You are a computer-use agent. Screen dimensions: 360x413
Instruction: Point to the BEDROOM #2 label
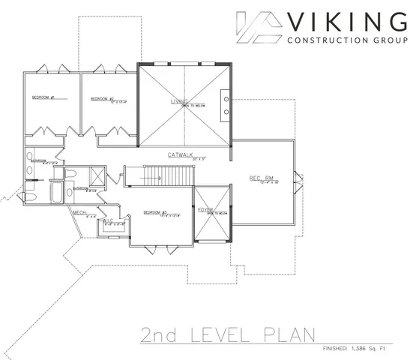tap(102, 98)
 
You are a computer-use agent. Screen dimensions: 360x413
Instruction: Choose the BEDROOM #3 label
tap(154, 212)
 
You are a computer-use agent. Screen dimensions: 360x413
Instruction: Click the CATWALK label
tap(182, 154)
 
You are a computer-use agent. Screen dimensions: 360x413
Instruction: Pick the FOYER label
tap(205, 211)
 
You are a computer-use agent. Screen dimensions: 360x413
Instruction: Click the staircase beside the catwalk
tap(157, 176)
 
